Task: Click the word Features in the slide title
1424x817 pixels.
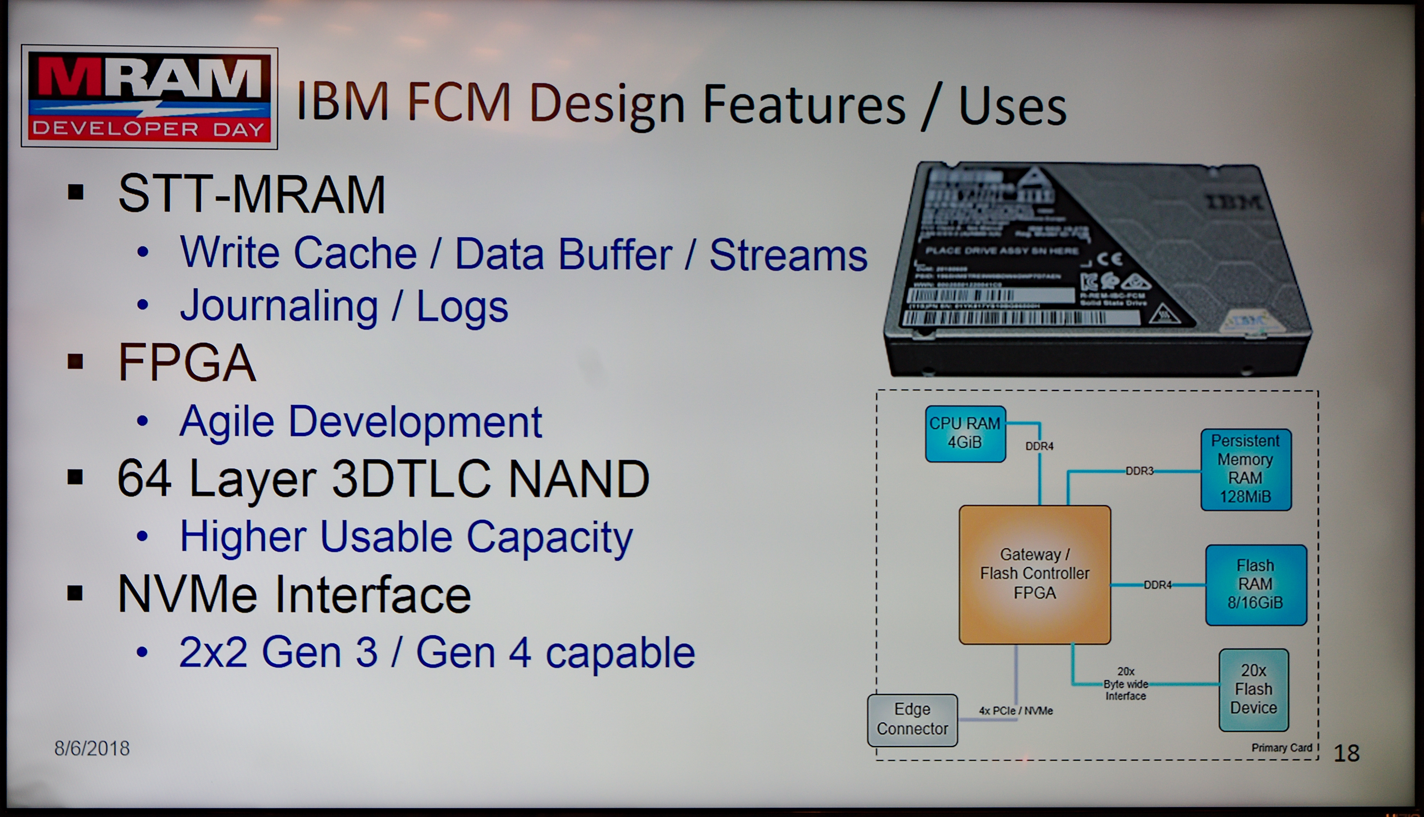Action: (x=804, y=104)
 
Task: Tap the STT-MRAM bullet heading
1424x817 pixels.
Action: (x=252, y=194)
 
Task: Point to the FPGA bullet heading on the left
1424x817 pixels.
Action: (x=187, y=363)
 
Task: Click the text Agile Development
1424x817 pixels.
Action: (x=361, y=421)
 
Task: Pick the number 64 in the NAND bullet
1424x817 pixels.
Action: (x=144, y=478)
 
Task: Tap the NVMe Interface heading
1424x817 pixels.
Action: (x=294, y=595)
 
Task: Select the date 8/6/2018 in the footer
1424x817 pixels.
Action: (x=92, y=748)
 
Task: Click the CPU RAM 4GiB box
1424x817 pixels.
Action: (x=964, y=433)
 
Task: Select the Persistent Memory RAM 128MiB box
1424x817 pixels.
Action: (x=1245, y=469)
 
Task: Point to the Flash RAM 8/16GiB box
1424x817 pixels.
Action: (x=1255, y=584)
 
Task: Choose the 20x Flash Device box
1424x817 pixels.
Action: (x=1253, y=689)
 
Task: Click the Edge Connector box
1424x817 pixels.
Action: (x=912, y=719)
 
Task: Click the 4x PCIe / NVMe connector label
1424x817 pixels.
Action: (x=1015, y=711)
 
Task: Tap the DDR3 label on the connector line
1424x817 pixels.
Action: (x=1139, y=471)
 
